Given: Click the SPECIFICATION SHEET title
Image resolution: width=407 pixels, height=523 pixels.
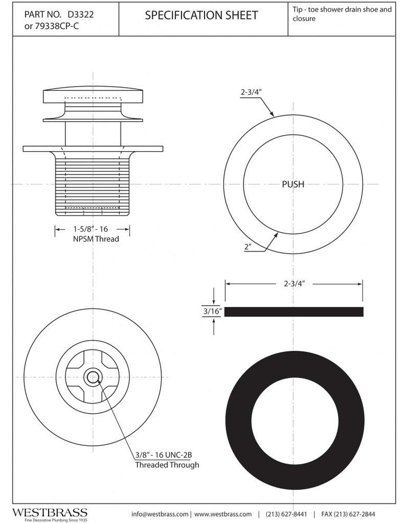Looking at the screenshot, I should coord(201,15).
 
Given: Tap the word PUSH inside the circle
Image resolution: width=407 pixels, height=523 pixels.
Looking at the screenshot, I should coord(293,184).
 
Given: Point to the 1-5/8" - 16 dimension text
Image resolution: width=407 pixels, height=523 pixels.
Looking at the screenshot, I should coord(92,229).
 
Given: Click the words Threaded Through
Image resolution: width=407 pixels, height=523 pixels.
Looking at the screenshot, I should coord(167,465).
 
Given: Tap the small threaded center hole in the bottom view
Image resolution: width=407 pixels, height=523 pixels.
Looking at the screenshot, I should coord(93,377).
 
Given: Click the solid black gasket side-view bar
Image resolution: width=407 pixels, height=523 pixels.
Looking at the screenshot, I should coord(294,312).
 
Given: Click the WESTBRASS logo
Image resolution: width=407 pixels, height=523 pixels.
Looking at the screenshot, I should coord(50,513).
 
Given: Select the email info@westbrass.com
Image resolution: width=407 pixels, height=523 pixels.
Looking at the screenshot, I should coord(160,514).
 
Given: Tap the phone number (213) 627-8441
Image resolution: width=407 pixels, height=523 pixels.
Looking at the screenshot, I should coord(286,514).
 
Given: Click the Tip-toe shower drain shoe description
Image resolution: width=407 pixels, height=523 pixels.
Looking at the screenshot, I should coord(341,14).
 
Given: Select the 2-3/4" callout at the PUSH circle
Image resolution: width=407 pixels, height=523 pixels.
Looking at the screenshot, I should coord(252,92).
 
